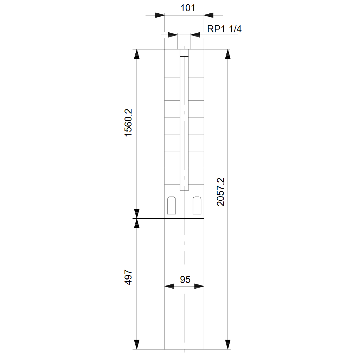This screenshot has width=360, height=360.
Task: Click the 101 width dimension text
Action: [188, 8]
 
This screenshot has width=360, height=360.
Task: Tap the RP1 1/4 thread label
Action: [224, 29]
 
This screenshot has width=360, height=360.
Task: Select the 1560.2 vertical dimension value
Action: [128, 123]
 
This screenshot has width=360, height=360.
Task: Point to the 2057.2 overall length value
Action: [220, 192]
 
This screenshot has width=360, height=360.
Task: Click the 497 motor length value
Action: [128, 277]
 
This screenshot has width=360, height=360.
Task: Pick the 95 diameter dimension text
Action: [185, 279]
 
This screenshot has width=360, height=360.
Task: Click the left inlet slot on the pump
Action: [172, 205]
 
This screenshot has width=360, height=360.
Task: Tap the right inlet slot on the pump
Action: [197, 205]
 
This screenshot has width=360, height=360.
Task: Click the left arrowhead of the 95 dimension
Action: [169, 286]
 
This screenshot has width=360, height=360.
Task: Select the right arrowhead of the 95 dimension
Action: [199, 286]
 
